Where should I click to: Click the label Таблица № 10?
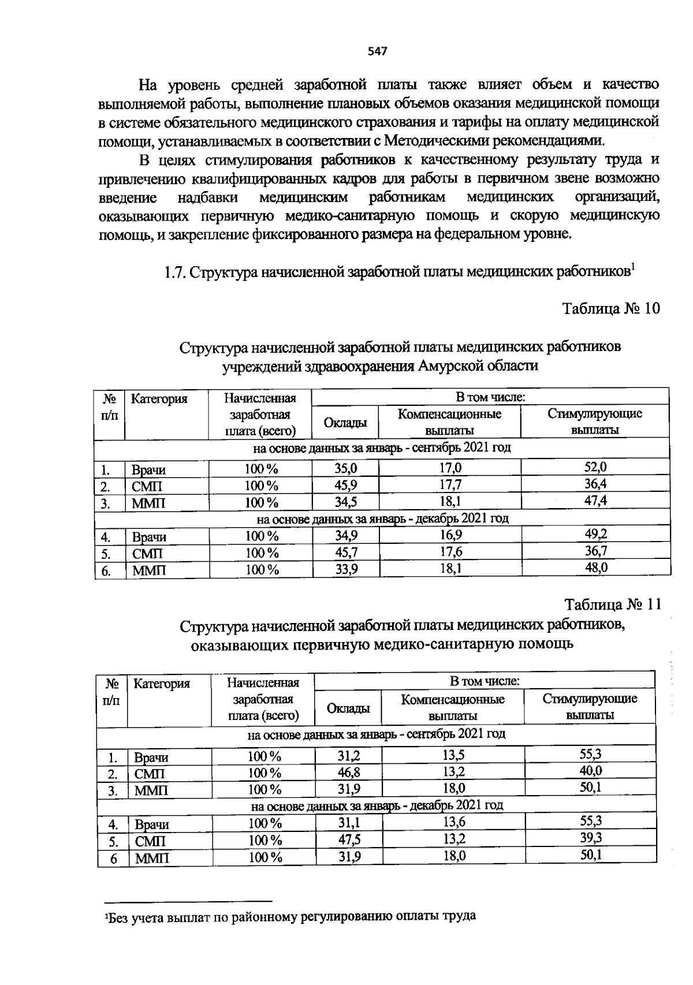pyautogui.click(x=611, y=308)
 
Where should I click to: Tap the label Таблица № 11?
pyautogui.click(x=612, y=605)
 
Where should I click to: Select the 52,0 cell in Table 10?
pyautogui.click(x=595, y=468)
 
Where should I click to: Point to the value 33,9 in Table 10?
pyautogui.click(x=346, y=569)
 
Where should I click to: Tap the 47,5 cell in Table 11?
pyautogui.click(x=349, y=840)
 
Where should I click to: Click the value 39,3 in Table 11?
pyautogui.click(x=591, y=838)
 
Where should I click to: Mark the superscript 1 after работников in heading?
pyautogui.click(x=633, y=266)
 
